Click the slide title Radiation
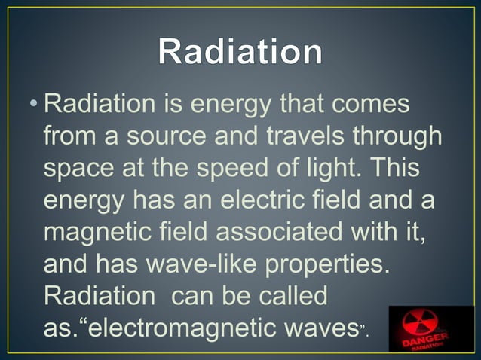coord(240,53)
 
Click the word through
coord(400,138)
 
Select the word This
coord(403,169)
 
